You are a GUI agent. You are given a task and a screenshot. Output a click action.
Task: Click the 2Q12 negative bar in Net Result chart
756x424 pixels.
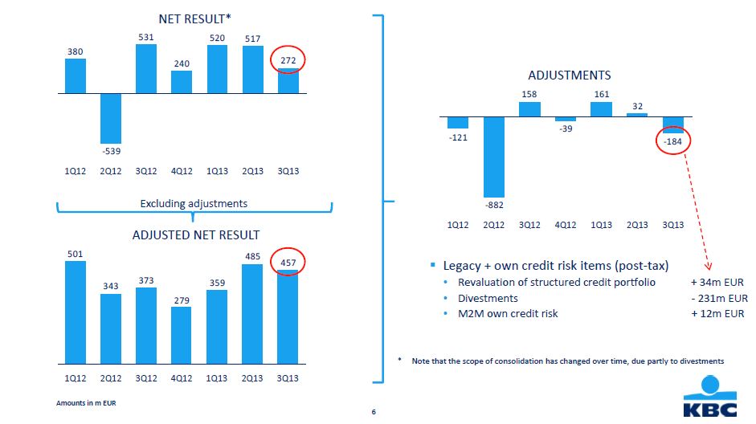pyautogui.click(x=110, y=118)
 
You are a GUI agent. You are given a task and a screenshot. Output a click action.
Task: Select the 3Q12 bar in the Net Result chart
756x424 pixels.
pyautogui.click(x=146, y=68)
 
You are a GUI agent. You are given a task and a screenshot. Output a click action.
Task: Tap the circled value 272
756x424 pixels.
pyautogui.click(x=288, y=61)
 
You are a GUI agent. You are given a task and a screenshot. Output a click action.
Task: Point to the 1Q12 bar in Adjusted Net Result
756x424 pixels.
pyautogui.click(x=75, y=312)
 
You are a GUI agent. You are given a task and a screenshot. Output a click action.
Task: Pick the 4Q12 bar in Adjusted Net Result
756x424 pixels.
pyautogui.click(x=182, y=335)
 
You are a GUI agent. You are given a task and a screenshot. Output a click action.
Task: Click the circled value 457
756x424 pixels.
pyautogui.click(x=288, y=263)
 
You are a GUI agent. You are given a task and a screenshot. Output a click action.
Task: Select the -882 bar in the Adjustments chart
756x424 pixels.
pyautogui.click(x=493, y=157)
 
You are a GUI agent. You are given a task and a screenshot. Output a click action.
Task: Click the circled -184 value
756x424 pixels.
pyautogui.click(x=672, y=142)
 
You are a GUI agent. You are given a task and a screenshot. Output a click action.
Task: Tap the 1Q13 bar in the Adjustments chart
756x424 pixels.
pyautogui.click(x=601, y=108)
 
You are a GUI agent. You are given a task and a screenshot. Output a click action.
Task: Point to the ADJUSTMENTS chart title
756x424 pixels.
pyautogui.click(x=569, y=75)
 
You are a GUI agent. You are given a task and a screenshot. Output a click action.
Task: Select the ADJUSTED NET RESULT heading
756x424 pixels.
pyautogui.click(x=196, y=235)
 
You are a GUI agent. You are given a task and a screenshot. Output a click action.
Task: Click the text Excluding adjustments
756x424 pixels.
pyautogui.click(x=194, y=204)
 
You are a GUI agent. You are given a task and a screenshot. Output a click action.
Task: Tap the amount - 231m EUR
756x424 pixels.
pyautogui.click(x=718, y=298)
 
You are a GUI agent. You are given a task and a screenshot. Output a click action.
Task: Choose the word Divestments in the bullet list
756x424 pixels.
pyautogui.click(x=489, y=298)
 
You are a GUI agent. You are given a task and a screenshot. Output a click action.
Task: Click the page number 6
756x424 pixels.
pyautogui.click(x=374, y=412)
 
